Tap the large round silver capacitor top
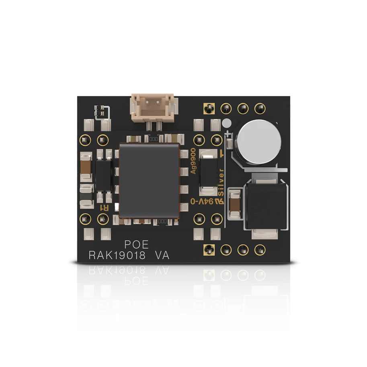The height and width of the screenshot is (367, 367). [259, 142]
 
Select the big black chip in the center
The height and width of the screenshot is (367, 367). [149, 180]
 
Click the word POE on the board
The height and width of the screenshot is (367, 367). [136, 244]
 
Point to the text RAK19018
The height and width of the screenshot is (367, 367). [117, 255]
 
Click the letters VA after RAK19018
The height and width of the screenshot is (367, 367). [162, 255]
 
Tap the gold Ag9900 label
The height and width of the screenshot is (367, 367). [193, 161]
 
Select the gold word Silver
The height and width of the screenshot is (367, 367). [221, 182]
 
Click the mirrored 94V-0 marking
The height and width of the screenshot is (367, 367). [202, 201]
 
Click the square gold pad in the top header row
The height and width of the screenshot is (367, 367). [209, 109]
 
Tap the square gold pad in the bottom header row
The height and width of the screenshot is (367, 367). [209, 250]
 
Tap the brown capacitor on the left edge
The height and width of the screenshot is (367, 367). [86, 167]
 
